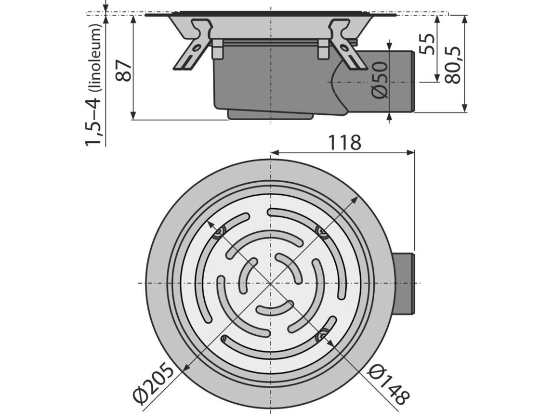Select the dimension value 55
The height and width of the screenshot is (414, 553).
[427, 44]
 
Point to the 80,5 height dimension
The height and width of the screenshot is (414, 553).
[453, 64]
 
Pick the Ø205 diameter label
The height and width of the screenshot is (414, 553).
[154, 384]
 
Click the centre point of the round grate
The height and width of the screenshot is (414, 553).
[269, 284]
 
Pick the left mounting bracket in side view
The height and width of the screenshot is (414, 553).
[193, 46]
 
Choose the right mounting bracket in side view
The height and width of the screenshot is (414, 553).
[346, 45]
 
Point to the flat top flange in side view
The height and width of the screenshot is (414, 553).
[270, 13]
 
